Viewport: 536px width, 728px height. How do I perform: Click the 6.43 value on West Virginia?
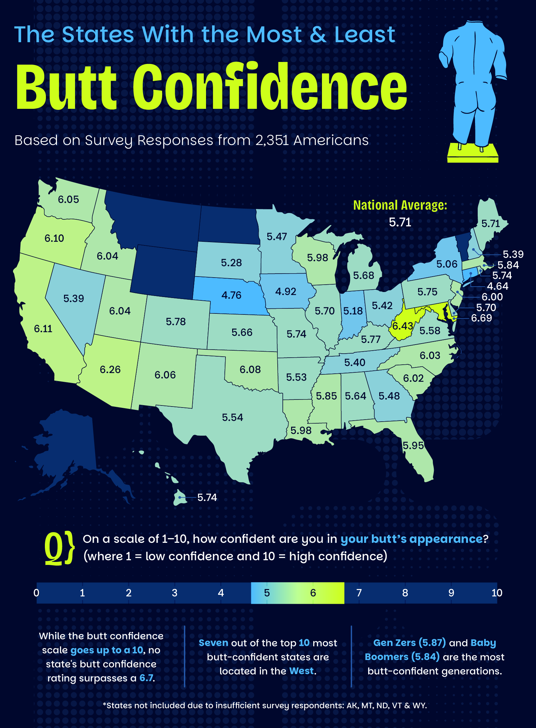point(402,326)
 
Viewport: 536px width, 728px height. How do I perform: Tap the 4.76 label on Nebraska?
point(231,295)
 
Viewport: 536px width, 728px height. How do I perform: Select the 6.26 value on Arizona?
point(110,370)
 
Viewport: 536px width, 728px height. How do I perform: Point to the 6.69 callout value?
point(481,318)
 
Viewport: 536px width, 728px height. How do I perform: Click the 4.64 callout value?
point(497,286)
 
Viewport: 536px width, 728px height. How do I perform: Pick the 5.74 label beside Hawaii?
point(207,498)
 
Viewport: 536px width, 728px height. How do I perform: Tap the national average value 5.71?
point(400,222)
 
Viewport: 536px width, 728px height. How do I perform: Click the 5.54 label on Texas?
point(232,418)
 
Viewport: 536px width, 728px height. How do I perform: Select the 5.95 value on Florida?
point(413,446)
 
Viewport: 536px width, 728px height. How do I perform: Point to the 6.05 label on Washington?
point(68,200)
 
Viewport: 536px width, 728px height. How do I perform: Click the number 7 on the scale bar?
point(359,593)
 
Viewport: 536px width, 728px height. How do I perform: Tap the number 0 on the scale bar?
point(37,593)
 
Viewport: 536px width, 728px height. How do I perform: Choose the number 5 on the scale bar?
point(267,593)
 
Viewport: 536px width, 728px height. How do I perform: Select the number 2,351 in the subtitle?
point(272,140)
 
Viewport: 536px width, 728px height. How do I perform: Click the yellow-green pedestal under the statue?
point(473,153)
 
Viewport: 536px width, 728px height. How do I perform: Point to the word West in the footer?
point(301,671)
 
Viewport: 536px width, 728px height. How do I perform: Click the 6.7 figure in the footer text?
point(146,678)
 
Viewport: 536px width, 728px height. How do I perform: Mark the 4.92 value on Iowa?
point(285,292)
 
